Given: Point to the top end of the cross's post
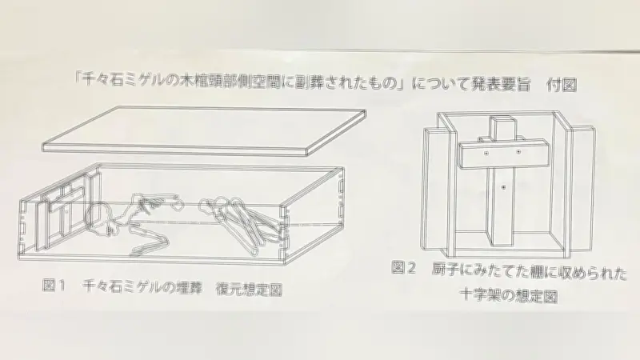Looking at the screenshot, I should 502,121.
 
